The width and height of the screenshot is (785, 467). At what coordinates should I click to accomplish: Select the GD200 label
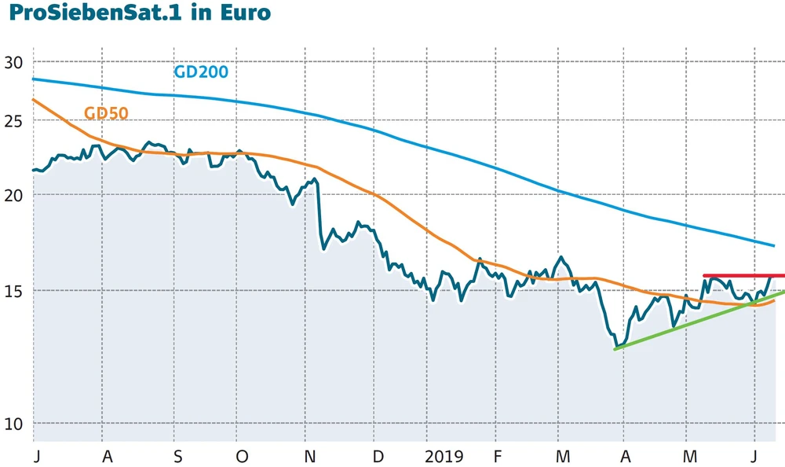[201, 72]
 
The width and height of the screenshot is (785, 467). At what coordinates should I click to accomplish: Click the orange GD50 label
[105, 114]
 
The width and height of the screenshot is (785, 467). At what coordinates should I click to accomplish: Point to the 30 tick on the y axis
[16, 62]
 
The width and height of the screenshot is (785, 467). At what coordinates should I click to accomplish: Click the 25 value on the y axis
[16, 120]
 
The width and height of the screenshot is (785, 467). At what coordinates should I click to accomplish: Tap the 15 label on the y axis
[16, 290]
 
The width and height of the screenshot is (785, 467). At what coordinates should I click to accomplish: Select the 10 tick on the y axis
[16, 423]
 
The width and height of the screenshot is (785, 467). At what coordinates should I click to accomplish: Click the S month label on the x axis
[177, 457]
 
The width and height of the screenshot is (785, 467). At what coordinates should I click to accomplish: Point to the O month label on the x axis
[242, 457]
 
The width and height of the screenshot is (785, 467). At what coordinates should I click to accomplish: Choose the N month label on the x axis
[310, 457]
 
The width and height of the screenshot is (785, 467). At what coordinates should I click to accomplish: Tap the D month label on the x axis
[378, 457]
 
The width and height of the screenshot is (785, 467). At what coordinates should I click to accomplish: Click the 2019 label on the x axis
[444, 457]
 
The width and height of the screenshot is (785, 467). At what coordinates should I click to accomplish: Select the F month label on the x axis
[497, 457]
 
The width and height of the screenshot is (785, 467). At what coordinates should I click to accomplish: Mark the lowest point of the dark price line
[617, 346]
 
